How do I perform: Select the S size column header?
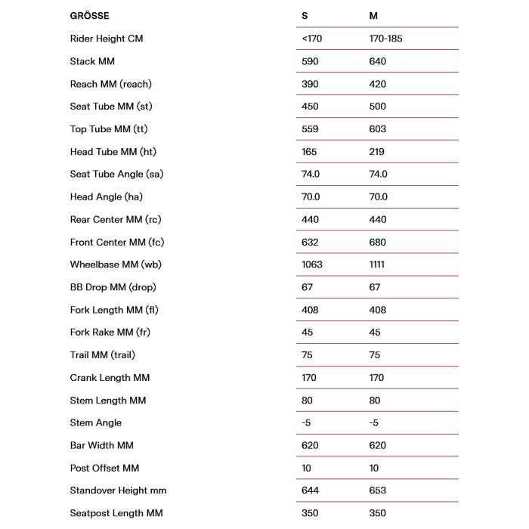click(x=305, y=16)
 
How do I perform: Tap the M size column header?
click(x=373, y=16)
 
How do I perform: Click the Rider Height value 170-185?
click(x=385, y=39)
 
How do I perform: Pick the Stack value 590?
click(x=309, y=61)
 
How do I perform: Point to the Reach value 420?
click(x=377, y=84)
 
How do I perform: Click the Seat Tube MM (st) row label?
click(x=111, y=107)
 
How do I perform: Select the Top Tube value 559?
click(x=309, y=129)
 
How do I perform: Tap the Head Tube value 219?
click(x=376, y=152)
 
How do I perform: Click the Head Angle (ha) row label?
click(x=106, y=197)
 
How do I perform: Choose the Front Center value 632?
click(x=309, y=243)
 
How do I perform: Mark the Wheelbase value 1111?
click(x=377, y=264)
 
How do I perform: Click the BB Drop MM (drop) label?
click(x=113, y=287)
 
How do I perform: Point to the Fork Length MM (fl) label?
click(x=114, y=310)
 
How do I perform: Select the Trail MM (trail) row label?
click(x=103, y=355)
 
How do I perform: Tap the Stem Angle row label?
click(x=95, y=423)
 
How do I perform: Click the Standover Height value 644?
click(x=310, y=491)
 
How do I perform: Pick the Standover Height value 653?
click(x=377, y=491)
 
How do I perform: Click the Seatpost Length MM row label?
click(x=116, y=514)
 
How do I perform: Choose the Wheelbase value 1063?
click(x=311, y=264)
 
